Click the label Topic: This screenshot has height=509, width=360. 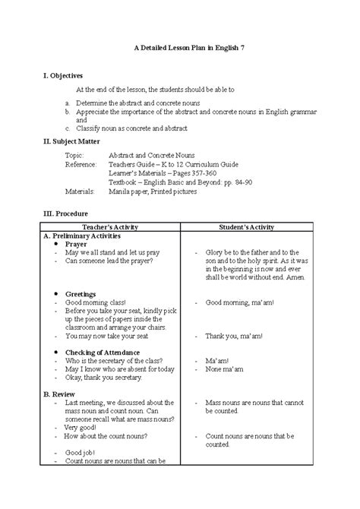[74, 154]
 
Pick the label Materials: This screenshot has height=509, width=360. [80, 191]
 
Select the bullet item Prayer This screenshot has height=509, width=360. [75, 244]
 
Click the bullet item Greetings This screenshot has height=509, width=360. [80, 293]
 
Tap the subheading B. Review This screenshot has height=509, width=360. [58, 394]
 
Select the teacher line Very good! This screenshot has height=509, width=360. [83, 428]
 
